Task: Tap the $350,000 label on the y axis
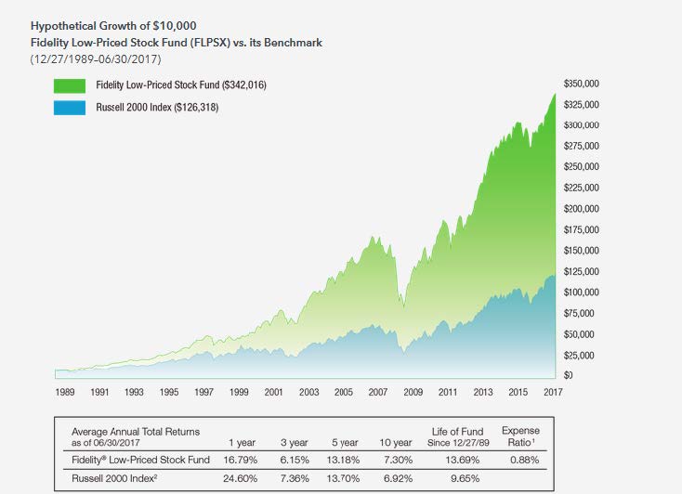click(581, 84)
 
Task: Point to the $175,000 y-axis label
click(581, 229)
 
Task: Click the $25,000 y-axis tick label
click(579, 355)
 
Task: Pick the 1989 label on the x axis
click(65, 393)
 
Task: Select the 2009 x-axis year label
click(413, 393)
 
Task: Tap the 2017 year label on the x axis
click(552, 393)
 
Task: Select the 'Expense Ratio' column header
click(520, 435)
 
